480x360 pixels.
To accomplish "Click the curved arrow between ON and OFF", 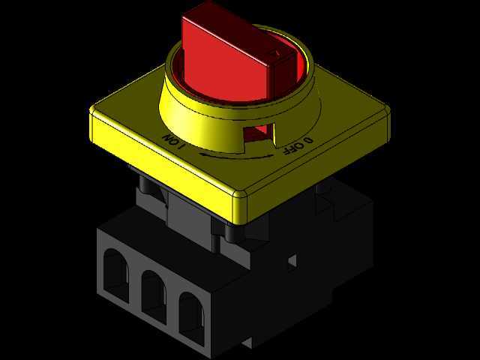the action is coord(236,156).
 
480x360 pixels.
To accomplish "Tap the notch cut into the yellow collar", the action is coord(259,136).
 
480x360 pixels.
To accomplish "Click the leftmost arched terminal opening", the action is coord(115,275).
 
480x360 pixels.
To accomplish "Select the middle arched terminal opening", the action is coord(154,296).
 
